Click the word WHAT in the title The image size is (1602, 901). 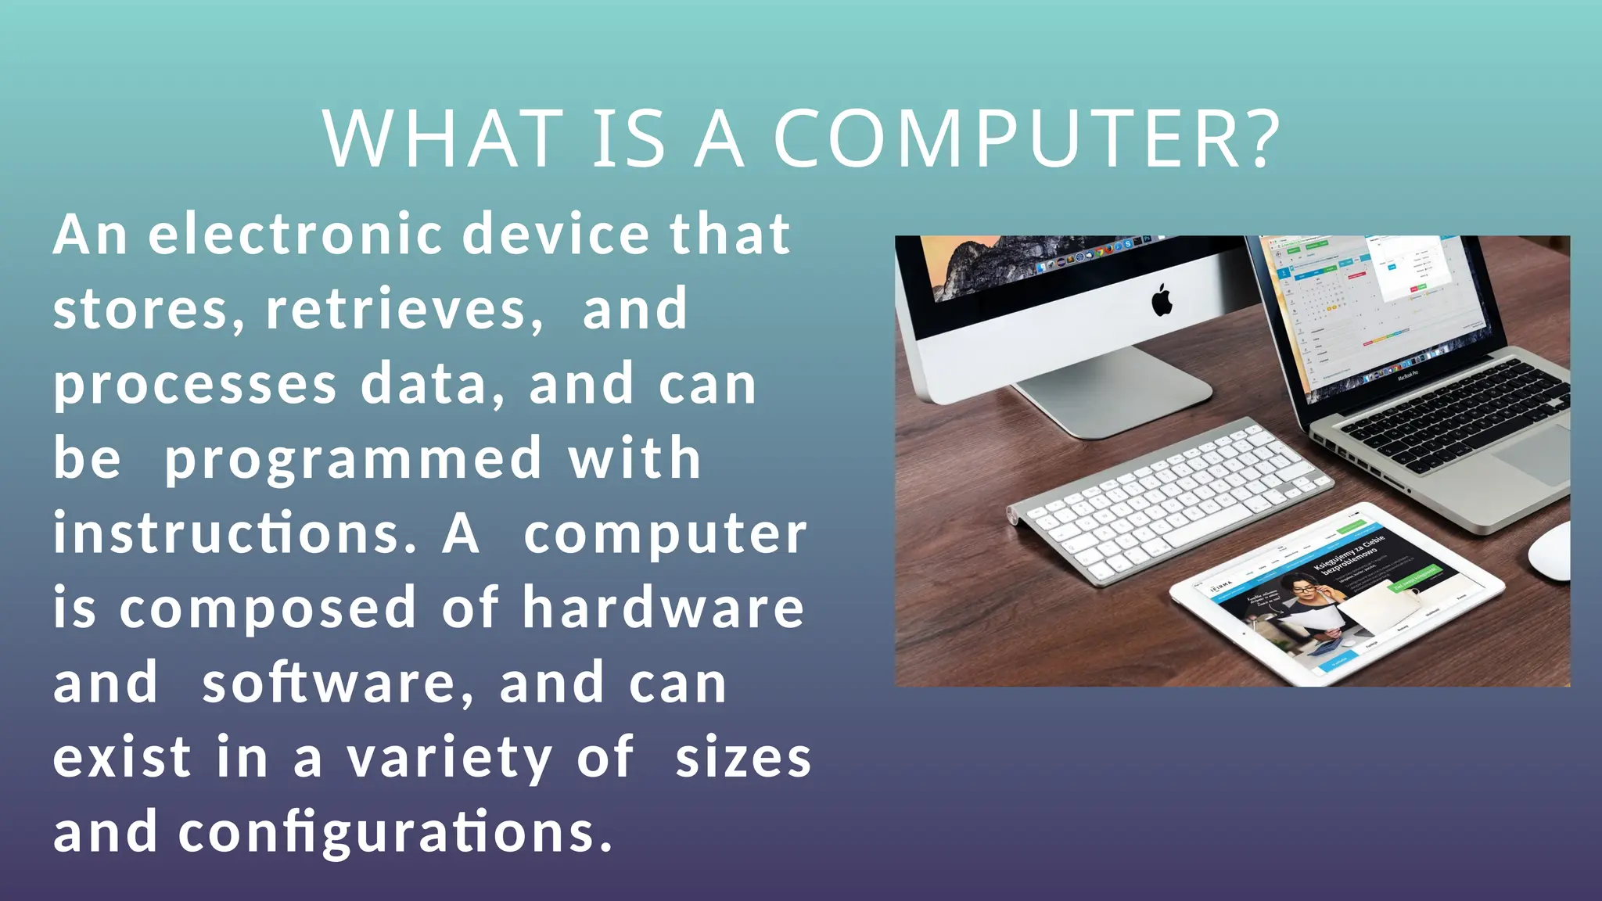(x=443, y=138)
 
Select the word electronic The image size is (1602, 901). (x=296, y=235)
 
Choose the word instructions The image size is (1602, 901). (x=235, y=534)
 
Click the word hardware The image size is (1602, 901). (x=663, y=608)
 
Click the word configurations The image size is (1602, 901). (x=395, y=832)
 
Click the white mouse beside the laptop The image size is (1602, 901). (x=1553, y=551)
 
